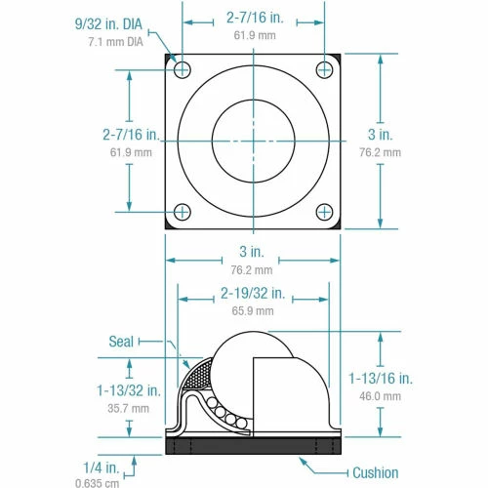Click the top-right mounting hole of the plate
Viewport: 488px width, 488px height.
point(325,69)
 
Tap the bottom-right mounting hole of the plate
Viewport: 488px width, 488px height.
point(325,211)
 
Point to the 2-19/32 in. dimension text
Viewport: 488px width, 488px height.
point(253,293)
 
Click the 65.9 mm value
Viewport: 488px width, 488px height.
point(253,310)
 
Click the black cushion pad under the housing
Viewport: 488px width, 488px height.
point(254,446)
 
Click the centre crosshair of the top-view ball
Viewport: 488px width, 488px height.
point(254,140)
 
